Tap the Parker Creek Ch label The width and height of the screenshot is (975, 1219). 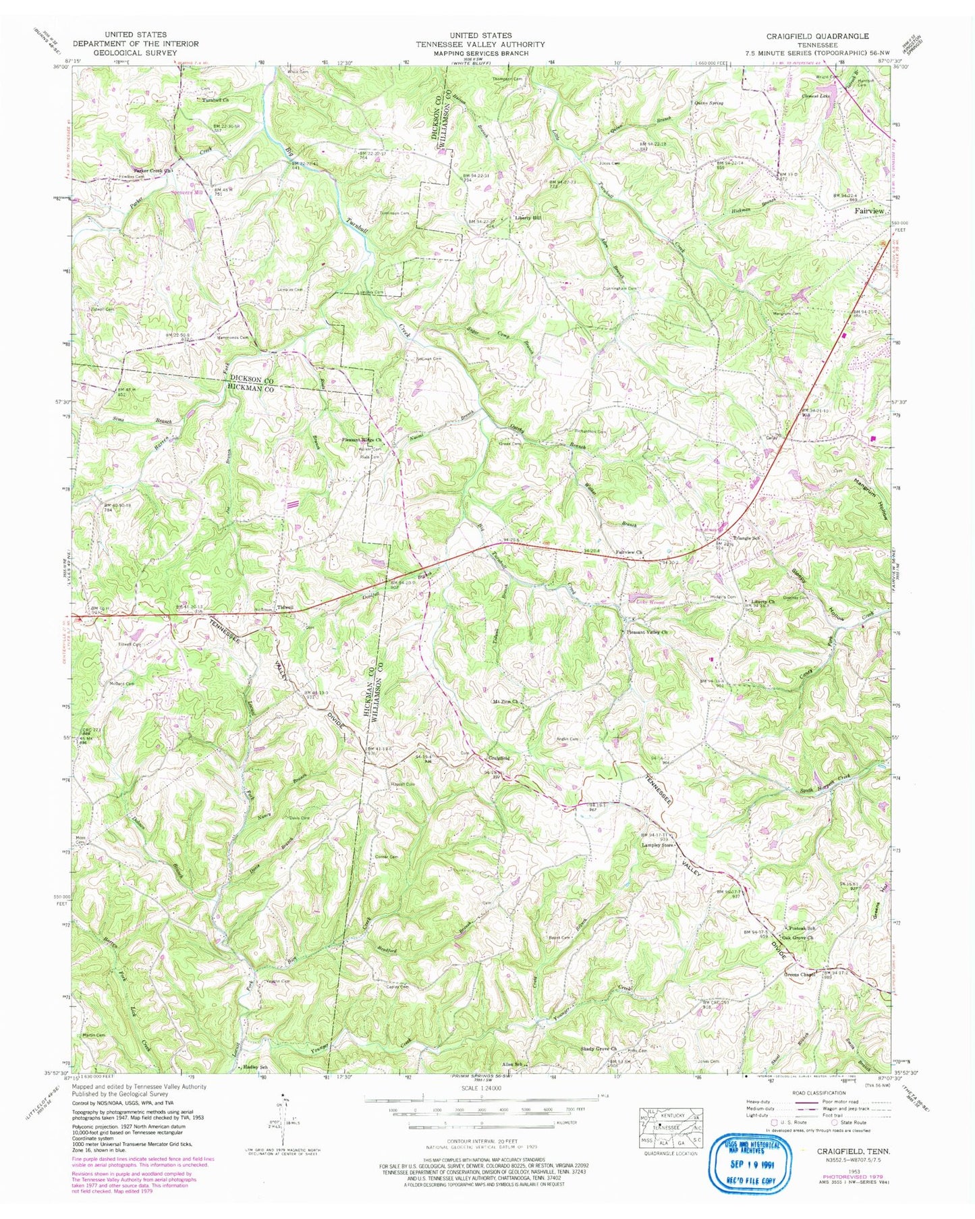pos(153,170)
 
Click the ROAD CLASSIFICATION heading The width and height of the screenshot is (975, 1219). pos(819,1092)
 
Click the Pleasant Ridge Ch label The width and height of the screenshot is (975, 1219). pos(363,440)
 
